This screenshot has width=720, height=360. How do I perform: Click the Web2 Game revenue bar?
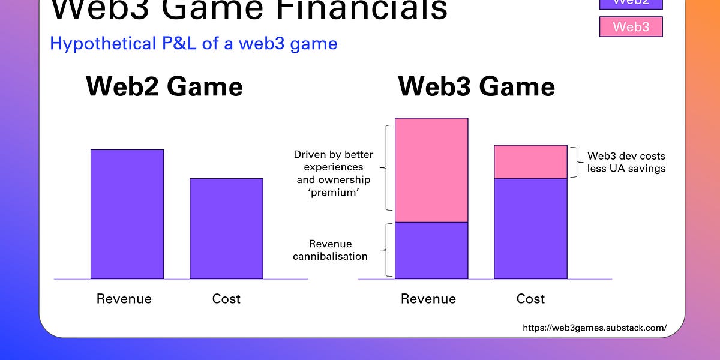pos(127,214)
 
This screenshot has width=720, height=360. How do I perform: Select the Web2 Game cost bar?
pos(226,229)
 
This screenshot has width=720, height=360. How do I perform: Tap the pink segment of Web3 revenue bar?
pos(431,170)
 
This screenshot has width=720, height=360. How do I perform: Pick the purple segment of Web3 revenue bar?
pos(431,250)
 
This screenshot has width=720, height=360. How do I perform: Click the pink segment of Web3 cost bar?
pos(530,162)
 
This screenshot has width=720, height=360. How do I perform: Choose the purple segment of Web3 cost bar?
pos(530,229)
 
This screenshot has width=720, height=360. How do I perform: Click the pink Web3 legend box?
pos(631,26)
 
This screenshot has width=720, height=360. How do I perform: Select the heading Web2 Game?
pos(164,87)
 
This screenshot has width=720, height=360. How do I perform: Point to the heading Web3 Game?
pos(476,87)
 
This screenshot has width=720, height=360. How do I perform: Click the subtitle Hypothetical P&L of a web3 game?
pos(193,43)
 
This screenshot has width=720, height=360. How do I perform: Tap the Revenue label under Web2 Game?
pos(124,299)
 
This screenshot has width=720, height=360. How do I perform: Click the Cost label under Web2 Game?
pos(226,299)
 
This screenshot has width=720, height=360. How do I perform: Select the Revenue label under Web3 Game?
pos(428,299)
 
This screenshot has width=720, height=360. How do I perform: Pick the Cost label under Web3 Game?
pos(530,299)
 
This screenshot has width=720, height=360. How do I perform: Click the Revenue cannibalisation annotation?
pos(330,250)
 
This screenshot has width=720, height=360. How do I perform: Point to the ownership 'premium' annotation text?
pos(332,173)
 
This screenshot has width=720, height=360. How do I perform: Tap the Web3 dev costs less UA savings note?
pos(626,162)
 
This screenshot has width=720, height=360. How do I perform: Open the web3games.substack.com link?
pos(594,328)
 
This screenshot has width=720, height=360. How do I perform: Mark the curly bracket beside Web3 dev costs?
pos(576,162)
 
